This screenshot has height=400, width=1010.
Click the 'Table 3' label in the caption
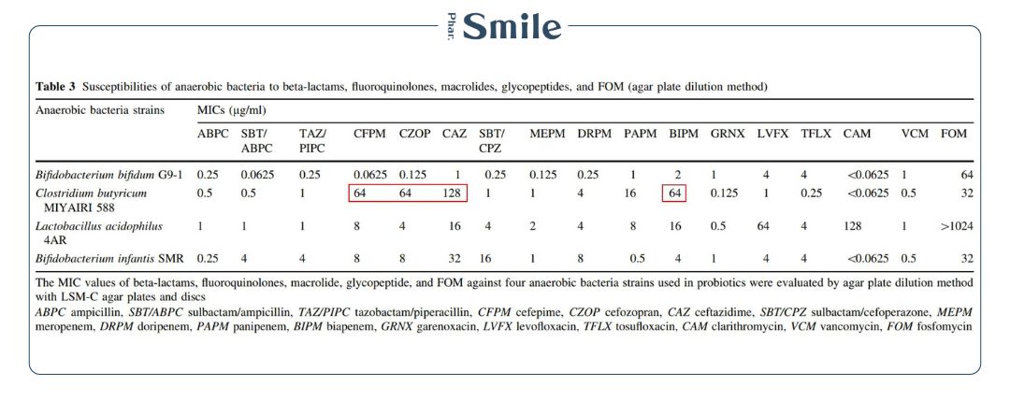coord(56,87)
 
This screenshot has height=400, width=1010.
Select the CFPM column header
coord(369,134)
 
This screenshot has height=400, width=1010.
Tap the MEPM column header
coord(545,134)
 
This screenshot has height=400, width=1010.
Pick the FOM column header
coord(953,134)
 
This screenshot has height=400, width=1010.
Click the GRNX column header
coord(728,134)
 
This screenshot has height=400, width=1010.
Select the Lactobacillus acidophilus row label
coord(99,226)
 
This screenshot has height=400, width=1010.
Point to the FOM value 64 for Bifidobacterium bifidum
coord(966,175)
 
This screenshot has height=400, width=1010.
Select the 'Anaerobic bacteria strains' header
coord(99,110)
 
